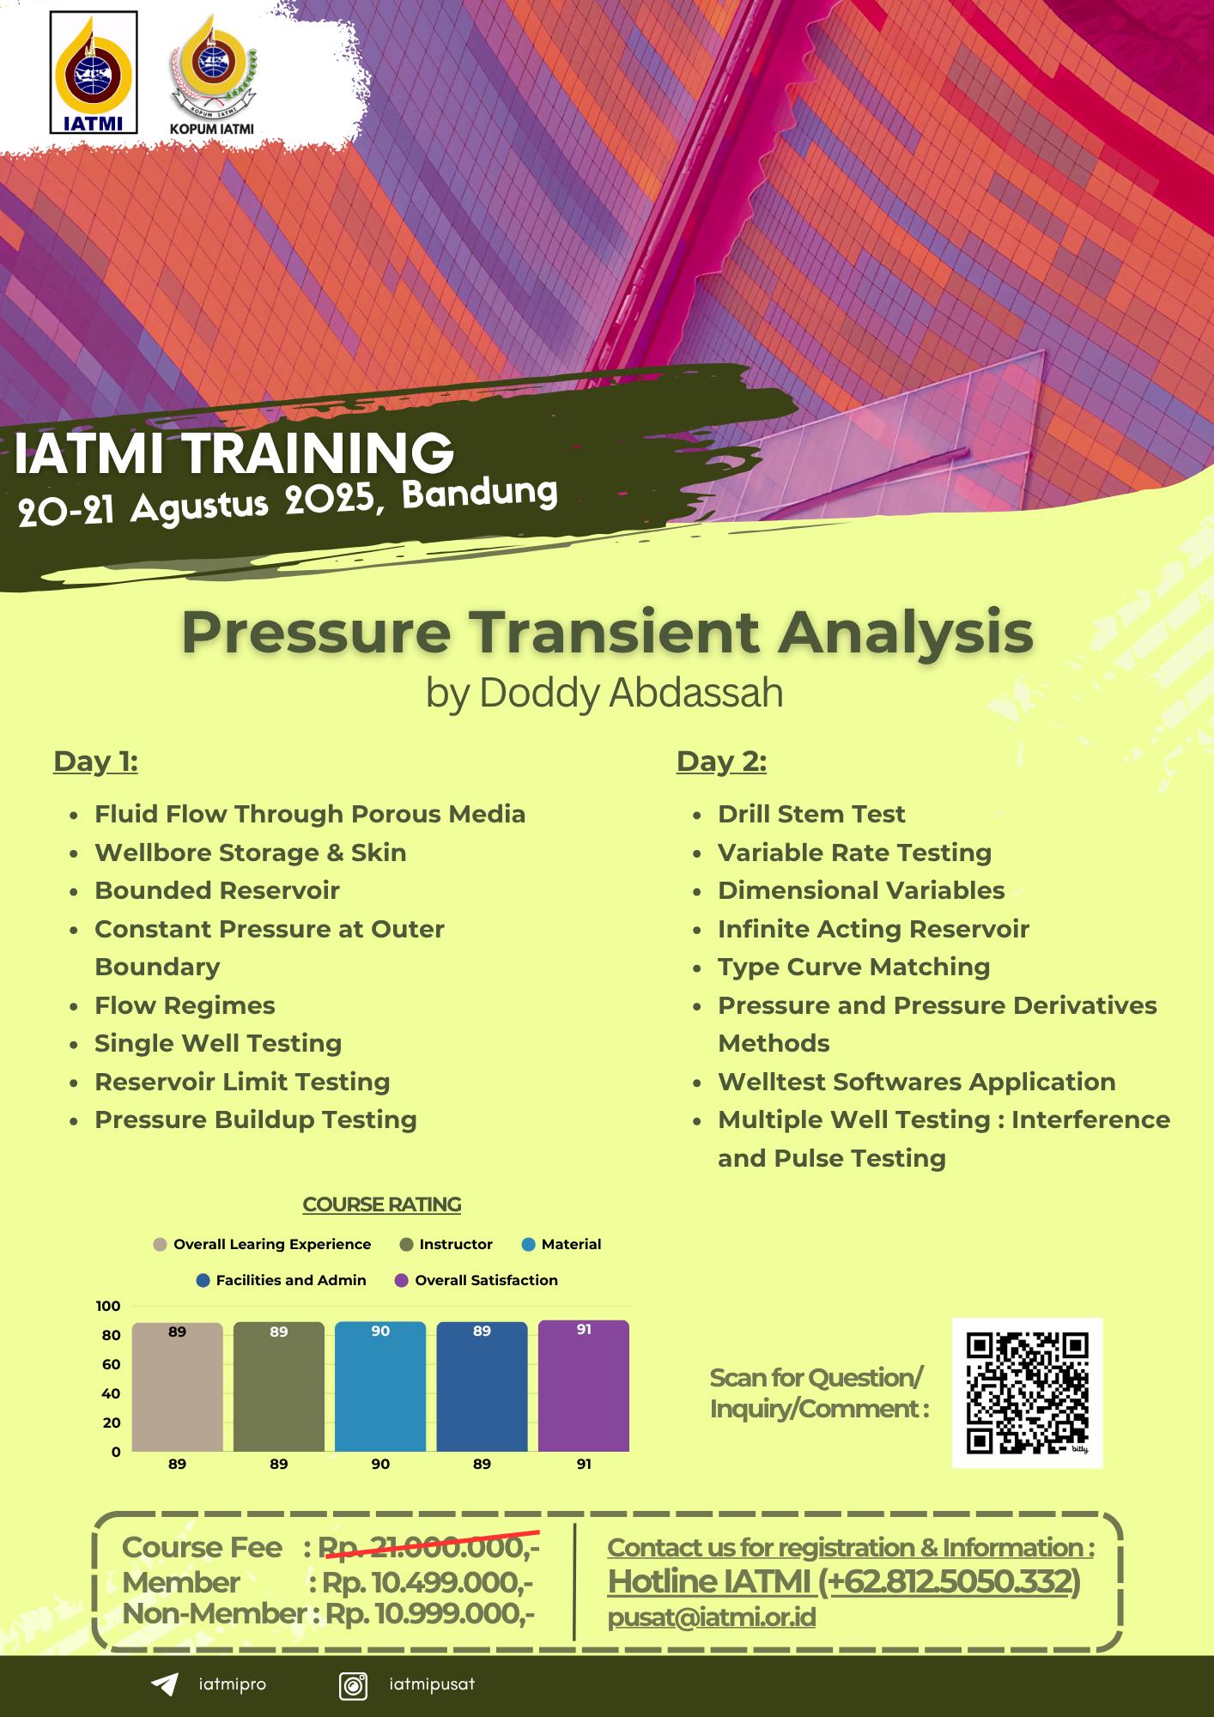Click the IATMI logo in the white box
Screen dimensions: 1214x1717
click(x=94, y=72)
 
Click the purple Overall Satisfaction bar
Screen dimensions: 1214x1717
click(x=584, y=1386)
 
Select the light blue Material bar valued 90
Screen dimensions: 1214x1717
click(x=380, y=1386)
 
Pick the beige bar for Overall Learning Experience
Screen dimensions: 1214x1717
click(x=177, y=1387)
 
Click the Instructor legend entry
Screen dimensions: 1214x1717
click(x=446, y=1244)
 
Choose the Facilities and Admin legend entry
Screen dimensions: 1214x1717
click(x=282, y=1280)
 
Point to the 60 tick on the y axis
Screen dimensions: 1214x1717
click(x=111, y=1364)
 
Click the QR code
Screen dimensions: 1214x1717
click(x=1027, y=1392)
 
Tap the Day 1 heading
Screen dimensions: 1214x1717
click(x=95, y=761)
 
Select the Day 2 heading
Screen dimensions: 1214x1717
click(x=721, y=761)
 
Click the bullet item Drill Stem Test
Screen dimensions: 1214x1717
click(x=811, y=814)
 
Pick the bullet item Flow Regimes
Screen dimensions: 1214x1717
click(x=185, y=1005)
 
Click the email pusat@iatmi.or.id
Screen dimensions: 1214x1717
click(x=712, y=1617)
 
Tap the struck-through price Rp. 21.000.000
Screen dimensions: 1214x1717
click(x=428, y=1547)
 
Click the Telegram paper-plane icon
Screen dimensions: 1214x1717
click(x=164, y=1684)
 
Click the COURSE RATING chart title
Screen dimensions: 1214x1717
click(x=382, y=1204)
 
